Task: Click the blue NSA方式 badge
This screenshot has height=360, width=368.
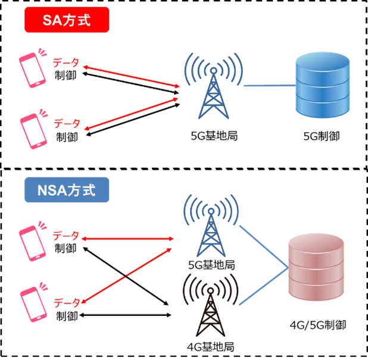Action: pyautogui.click(x=66, y=191)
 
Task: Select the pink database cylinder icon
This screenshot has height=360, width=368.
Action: pyautogui.click(x=316, y=268)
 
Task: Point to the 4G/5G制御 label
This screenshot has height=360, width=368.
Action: pyautogui.click(x=317, y=325)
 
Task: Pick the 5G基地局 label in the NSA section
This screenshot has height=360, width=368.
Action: pyautogui.click(x=211, y=264)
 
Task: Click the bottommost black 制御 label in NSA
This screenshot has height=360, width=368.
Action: pyautogui.click(x=67, y=315)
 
